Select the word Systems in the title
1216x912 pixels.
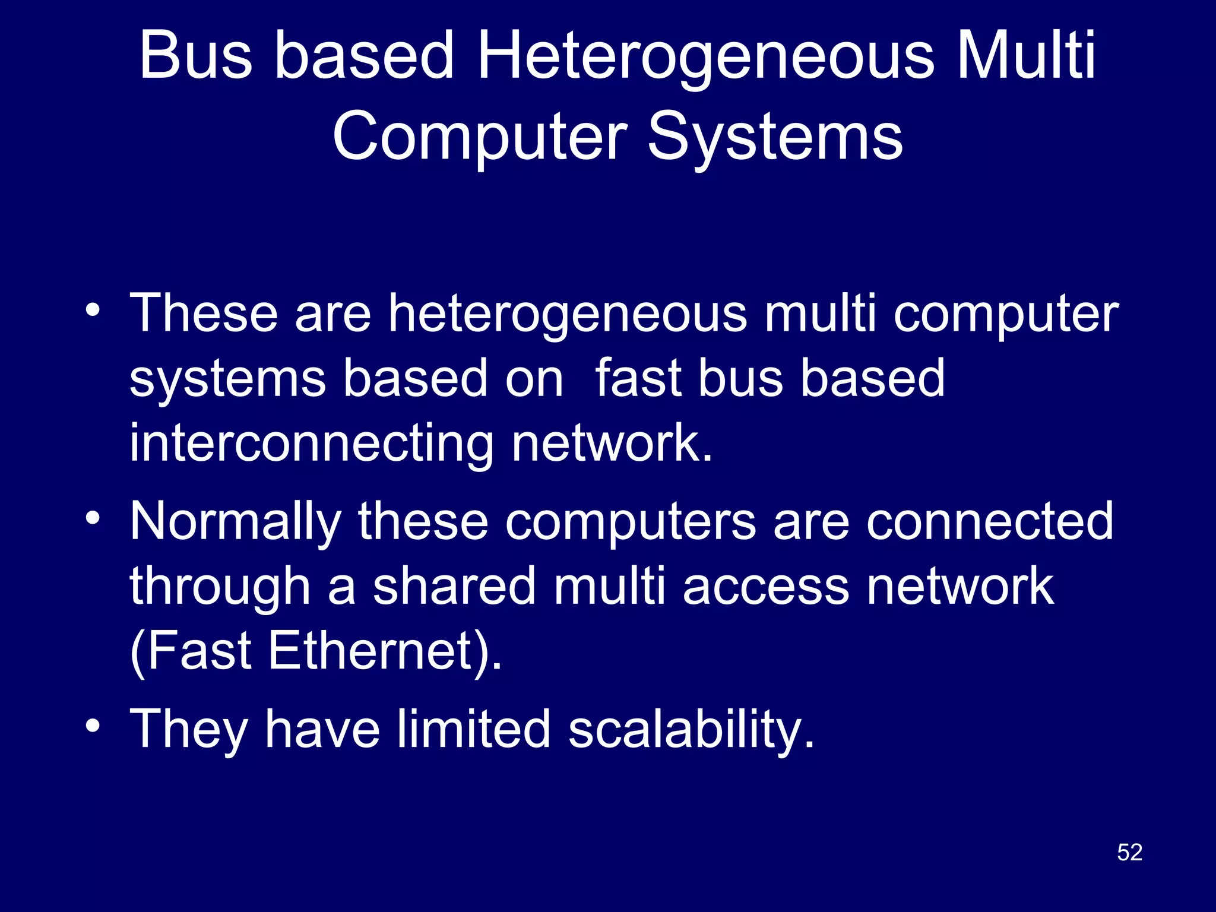coord(775,138)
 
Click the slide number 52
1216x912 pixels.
coord(1129,853)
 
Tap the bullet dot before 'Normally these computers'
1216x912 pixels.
coord(92,518)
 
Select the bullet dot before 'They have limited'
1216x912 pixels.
coord(92,726)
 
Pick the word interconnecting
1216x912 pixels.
coord(311,444)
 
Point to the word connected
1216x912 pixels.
coord(989,521)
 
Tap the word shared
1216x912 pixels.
coord(454,587)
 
